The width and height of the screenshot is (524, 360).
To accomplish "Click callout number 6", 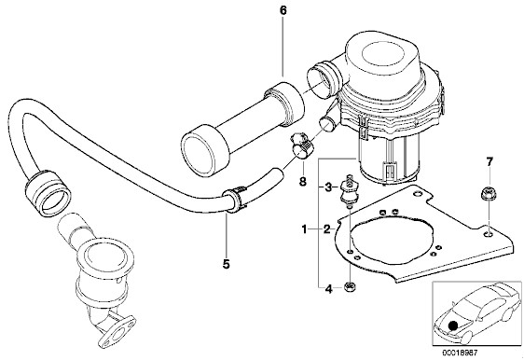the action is pyautogui.click(x=283, y=10).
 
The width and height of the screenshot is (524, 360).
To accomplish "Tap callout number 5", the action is pyautogui.click(x=227, y=264).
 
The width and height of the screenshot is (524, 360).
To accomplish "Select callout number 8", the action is pyautogui.click(x=302, y=182).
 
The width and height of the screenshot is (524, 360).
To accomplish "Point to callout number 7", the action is pyautogui.click(x=490, y=162).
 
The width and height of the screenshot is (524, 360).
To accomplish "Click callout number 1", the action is pyautogui.click(x=304, y=229).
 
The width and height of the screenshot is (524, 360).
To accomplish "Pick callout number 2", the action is pyautogui.click(x=327, y=229).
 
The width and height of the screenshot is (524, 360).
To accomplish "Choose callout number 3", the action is pyautogui.click(x=328, y=187).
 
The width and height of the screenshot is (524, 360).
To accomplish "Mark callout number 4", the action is pyautogui.click(x=329, y=289).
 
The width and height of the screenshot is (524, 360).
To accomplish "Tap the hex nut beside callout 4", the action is pyautogui.click(x=350, y=287).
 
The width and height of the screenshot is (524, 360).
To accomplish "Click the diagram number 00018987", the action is pyautogui.click(x=461, y=353).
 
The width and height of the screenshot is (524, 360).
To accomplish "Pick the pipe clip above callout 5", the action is pyautogui.click(x=236, y=200).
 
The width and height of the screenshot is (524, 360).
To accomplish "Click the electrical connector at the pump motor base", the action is pyautogui.click(x=390, y=170).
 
